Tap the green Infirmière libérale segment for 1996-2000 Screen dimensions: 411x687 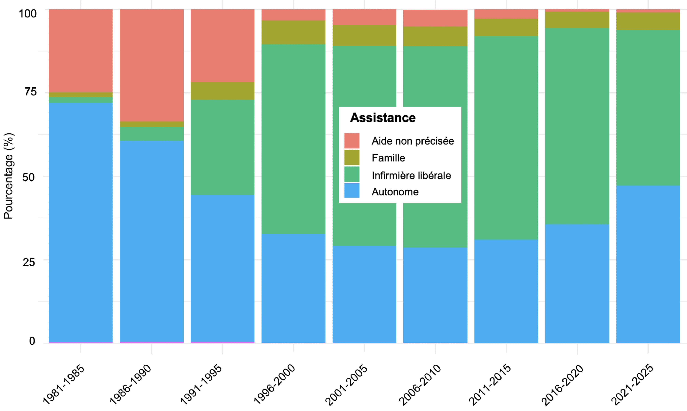(x=293, y=139)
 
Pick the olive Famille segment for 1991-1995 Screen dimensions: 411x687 (x=222, y=91)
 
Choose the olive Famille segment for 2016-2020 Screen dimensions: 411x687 (x=577, y=20)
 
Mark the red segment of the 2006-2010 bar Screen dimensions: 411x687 (x=435, y=18)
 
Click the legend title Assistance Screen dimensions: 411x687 (x=383, y=118)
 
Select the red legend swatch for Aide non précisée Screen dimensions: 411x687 (x=352, y=141)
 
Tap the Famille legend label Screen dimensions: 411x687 (x=388, y=158)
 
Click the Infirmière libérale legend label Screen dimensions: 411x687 (x=411, y=175)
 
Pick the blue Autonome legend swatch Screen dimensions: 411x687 (x=352, y=190)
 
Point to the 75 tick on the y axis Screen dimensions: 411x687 (x=30, y=92)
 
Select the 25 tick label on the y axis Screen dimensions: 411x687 (x=29, y=262)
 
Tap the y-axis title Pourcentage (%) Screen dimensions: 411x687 (x=8, y=176)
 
